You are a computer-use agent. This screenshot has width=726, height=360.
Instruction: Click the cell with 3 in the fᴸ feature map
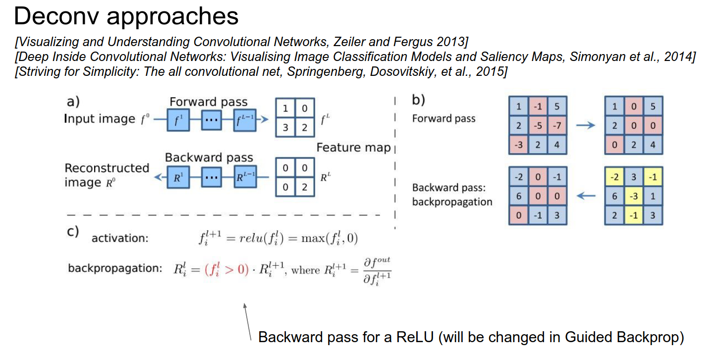click(285, 127)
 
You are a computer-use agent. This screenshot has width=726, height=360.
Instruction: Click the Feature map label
click(353, 147)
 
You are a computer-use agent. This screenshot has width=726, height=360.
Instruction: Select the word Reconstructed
click(107, 168)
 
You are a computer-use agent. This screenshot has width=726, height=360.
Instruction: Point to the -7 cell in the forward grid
click(557, 125)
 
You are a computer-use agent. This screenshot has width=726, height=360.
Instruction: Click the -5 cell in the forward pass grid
click(538, 125)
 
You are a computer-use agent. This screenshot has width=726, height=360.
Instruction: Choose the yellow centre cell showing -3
click(633, 196)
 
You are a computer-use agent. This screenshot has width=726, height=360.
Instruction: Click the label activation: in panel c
click(120, 239)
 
